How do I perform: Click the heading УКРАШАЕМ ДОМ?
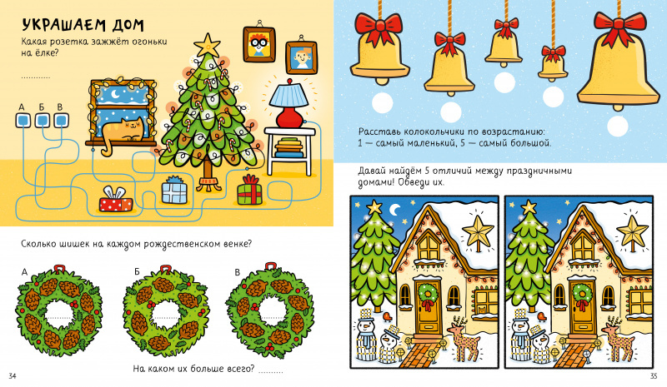point(83,25)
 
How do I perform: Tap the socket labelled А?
point(23,121)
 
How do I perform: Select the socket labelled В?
point(61,121)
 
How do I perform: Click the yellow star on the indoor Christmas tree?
point(207,45)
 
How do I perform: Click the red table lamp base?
point(289,117)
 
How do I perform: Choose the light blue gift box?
point(174,191)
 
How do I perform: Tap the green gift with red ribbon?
point(249,191)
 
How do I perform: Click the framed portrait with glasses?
point(258,44)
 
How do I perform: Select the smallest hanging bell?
point(553,62)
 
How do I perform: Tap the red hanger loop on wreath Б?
point(165,269)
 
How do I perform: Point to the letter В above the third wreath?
point(237,272)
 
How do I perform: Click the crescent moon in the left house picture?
point(395,210)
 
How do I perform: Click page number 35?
point(654,376)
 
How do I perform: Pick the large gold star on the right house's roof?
point(632,230)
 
